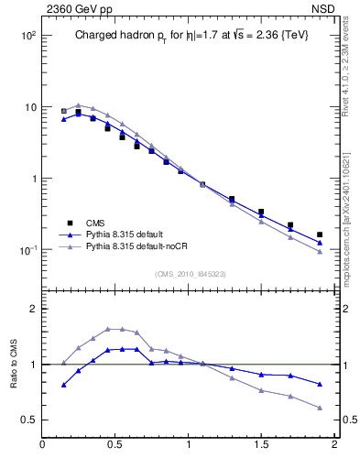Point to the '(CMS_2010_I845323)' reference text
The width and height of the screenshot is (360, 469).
point(190,274)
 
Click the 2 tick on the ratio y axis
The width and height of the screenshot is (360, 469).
point(32,309)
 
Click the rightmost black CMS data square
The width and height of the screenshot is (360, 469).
point(320,234)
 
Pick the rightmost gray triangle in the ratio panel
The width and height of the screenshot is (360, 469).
point(320,408)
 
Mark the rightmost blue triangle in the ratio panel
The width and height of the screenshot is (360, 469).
point(320,384)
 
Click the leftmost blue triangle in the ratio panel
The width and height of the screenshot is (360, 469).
point(63,385)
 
